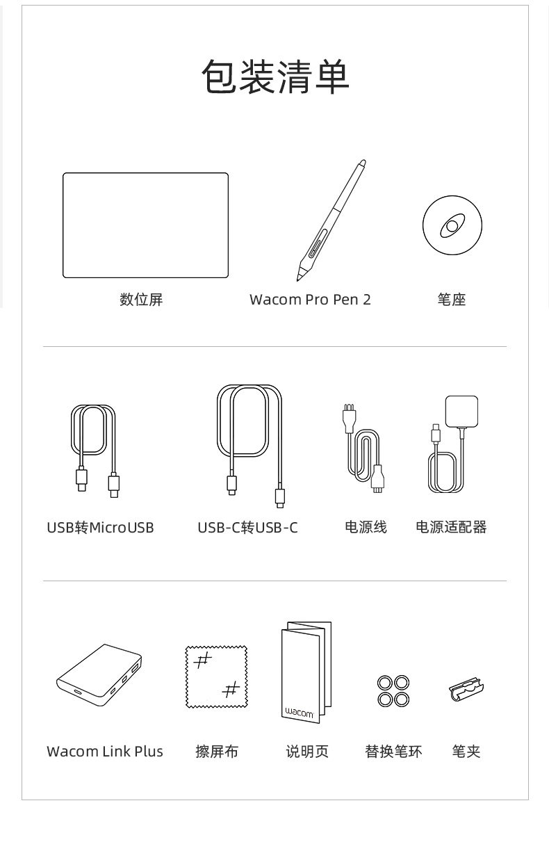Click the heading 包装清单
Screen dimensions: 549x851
point(275,76)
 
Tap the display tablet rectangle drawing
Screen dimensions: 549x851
point(145,225)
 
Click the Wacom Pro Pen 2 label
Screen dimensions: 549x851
point(310,300)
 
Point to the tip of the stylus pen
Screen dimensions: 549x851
point(297,280)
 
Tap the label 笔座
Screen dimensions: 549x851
point(452,300)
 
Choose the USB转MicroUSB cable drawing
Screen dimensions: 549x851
point(96,451)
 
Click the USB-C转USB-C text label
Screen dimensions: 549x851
point(247,527)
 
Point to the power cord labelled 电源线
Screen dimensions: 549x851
point(365,448)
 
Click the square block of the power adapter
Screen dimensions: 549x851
point(461,411)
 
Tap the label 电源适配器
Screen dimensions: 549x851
point(451,527)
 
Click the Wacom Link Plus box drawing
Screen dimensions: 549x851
point(99,676)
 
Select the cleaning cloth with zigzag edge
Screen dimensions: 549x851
point(216,677)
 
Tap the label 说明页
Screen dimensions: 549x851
point(307,752)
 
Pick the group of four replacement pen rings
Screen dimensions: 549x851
point(393,690)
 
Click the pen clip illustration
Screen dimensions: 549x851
point(466,688)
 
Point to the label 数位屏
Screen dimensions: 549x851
point(141,300)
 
